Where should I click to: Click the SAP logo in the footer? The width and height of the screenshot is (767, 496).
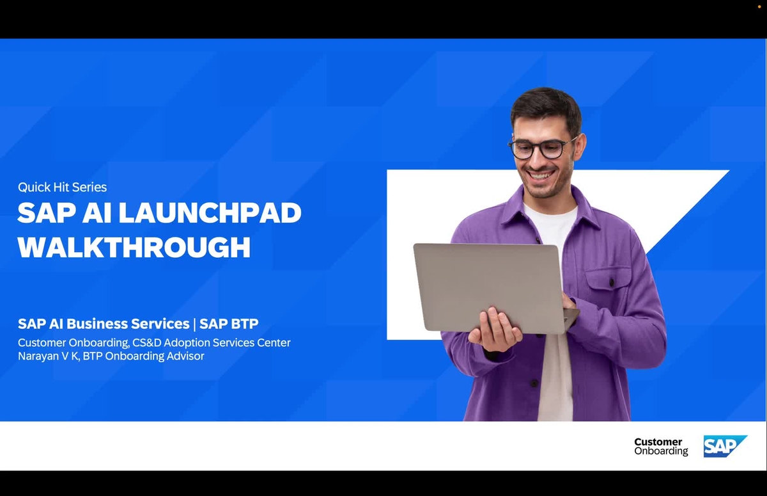coord(724,446)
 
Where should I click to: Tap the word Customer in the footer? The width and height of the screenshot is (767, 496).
coord(658,442)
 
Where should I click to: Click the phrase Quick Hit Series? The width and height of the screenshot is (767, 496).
coord(62,187)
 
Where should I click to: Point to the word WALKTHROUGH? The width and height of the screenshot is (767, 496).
coord(134,247)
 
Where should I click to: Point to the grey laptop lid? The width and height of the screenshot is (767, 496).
coord(486,285)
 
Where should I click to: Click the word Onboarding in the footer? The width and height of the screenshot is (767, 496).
coord(661,451)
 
